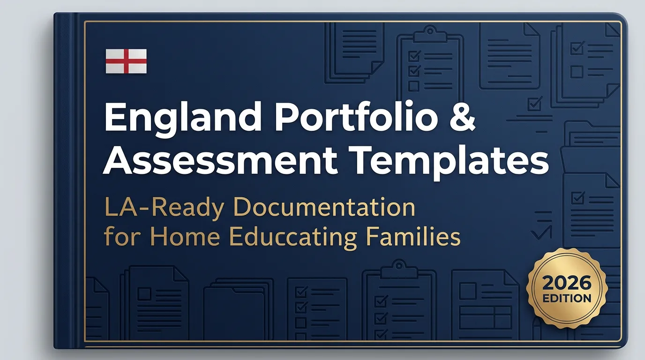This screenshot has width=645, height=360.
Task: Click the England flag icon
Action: [126, 61]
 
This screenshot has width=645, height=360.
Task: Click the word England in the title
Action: [180, 119]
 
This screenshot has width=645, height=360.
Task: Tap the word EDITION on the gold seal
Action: [567, 299]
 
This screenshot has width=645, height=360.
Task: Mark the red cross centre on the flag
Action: [126, 61]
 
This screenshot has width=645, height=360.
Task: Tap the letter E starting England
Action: [114, 119]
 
